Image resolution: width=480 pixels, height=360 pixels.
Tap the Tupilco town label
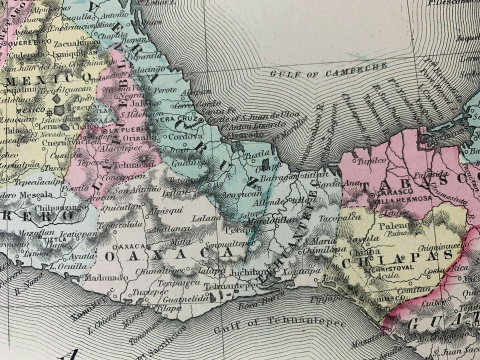tap(371, 161)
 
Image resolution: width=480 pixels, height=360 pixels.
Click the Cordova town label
tap(186, 136)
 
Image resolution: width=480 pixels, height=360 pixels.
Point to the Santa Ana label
tap(329, 185)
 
